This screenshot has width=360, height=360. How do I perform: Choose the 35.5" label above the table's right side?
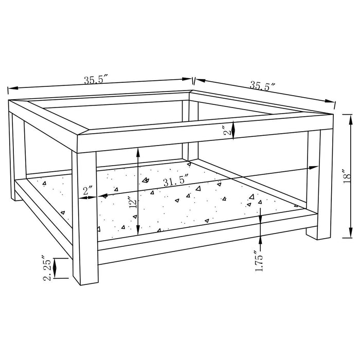[x=263, y=85]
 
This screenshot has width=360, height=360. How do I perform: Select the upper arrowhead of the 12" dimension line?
[x=138, y=151]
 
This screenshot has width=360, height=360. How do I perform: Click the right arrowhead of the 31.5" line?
[x=314, y=168]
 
